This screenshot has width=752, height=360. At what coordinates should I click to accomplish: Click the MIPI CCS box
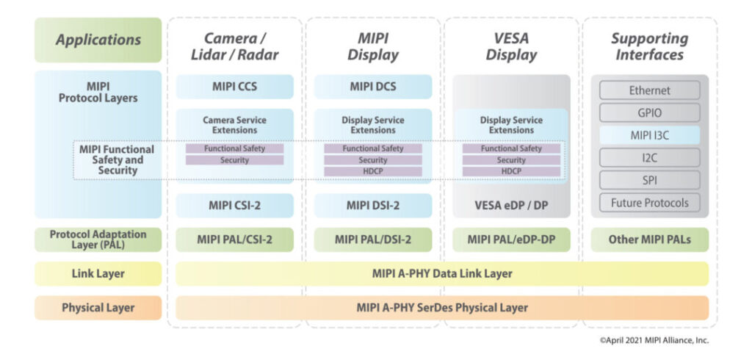point(234,87)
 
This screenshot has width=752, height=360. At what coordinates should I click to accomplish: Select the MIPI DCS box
point(372,87)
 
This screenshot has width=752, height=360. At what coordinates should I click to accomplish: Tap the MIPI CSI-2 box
point(234,205)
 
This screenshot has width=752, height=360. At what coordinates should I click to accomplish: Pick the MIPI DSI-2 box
point(372,205)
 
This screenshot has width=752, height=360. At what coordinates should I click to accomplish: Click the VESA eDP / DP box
point(510,205)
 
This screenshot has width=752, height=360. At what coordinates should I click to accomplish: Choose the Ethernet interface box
point(649,90)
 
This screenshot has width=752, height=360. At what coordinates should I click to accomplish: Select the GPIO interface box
point(649,112)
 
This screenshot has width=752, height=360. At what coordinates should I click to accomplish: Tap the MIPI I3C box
point(649,135)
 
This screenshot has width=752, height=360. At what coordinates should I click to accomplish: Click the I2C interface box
point(649,157)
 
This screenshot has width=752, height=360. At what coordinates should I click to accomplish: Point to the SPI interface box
point(649,180)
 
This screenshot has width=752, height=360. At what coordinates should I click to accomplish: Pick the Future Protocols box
point(649,202)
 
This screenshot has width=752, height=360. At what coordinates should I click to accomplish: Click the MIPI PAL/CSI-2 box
point(234,240)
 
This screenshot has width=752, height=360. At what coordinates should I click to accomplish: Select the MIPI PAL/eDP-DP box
point(510,240)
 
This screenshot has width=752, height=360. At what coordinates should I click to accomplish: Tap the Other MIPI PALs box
point(649,240)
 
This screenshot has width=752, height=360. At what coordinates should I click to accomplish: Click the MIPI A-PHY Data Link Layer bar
point(442,273)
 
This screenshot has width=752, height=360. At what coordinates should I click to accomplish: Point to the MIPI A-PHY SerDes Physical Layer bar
point(442,307)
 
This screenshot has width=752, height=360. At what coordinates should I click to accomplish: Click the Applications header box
point(98,40)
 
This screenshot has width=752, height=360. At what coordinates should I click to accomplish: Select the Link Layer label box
point(98,273)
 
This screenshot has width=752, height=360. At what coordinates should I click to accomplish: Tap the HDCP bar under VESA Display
point(510,171)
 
